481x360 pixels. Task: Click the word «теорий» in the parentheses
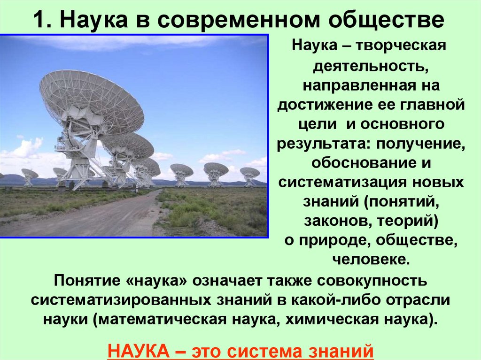409,220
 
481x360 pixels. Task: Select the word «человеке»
371,258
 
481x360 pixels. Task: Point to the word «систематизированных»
120,300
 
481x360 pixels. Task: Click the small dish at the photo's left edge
30,175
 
